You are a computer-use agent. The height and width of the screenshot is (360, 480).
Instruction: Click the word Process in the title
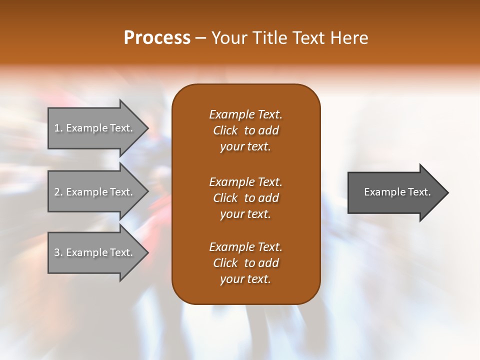tap(157, 38)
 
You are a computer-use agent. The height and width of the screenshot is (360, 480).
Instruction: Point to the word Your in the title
tap(229, 38)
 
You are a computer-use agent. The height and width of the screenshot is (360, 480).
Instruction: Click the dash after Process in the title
tap(200, 38)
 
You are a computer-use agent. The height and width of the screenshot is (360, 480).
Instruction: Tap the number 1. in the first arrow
tap(58, 128)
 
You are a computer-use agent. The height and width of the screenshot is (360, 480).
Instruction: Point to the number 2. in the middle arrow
tap(58, 192)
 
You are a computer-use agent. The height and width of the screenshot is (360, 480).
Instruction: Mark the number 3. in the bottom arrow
tap(58, 252)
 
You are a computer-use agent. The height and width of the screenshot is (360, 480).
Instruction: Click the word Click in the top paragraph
tap(225, 130)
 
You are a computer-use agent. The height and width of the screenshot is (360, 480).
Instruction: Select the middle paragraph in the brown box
tap(245, 198)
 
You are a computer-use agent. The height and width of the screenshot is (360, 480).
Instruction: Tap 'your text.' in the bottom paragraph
tap(245, 279)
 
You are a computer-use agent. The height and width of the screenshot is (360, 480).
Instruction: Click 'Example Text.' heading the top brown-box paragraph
tap(245, 114)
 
